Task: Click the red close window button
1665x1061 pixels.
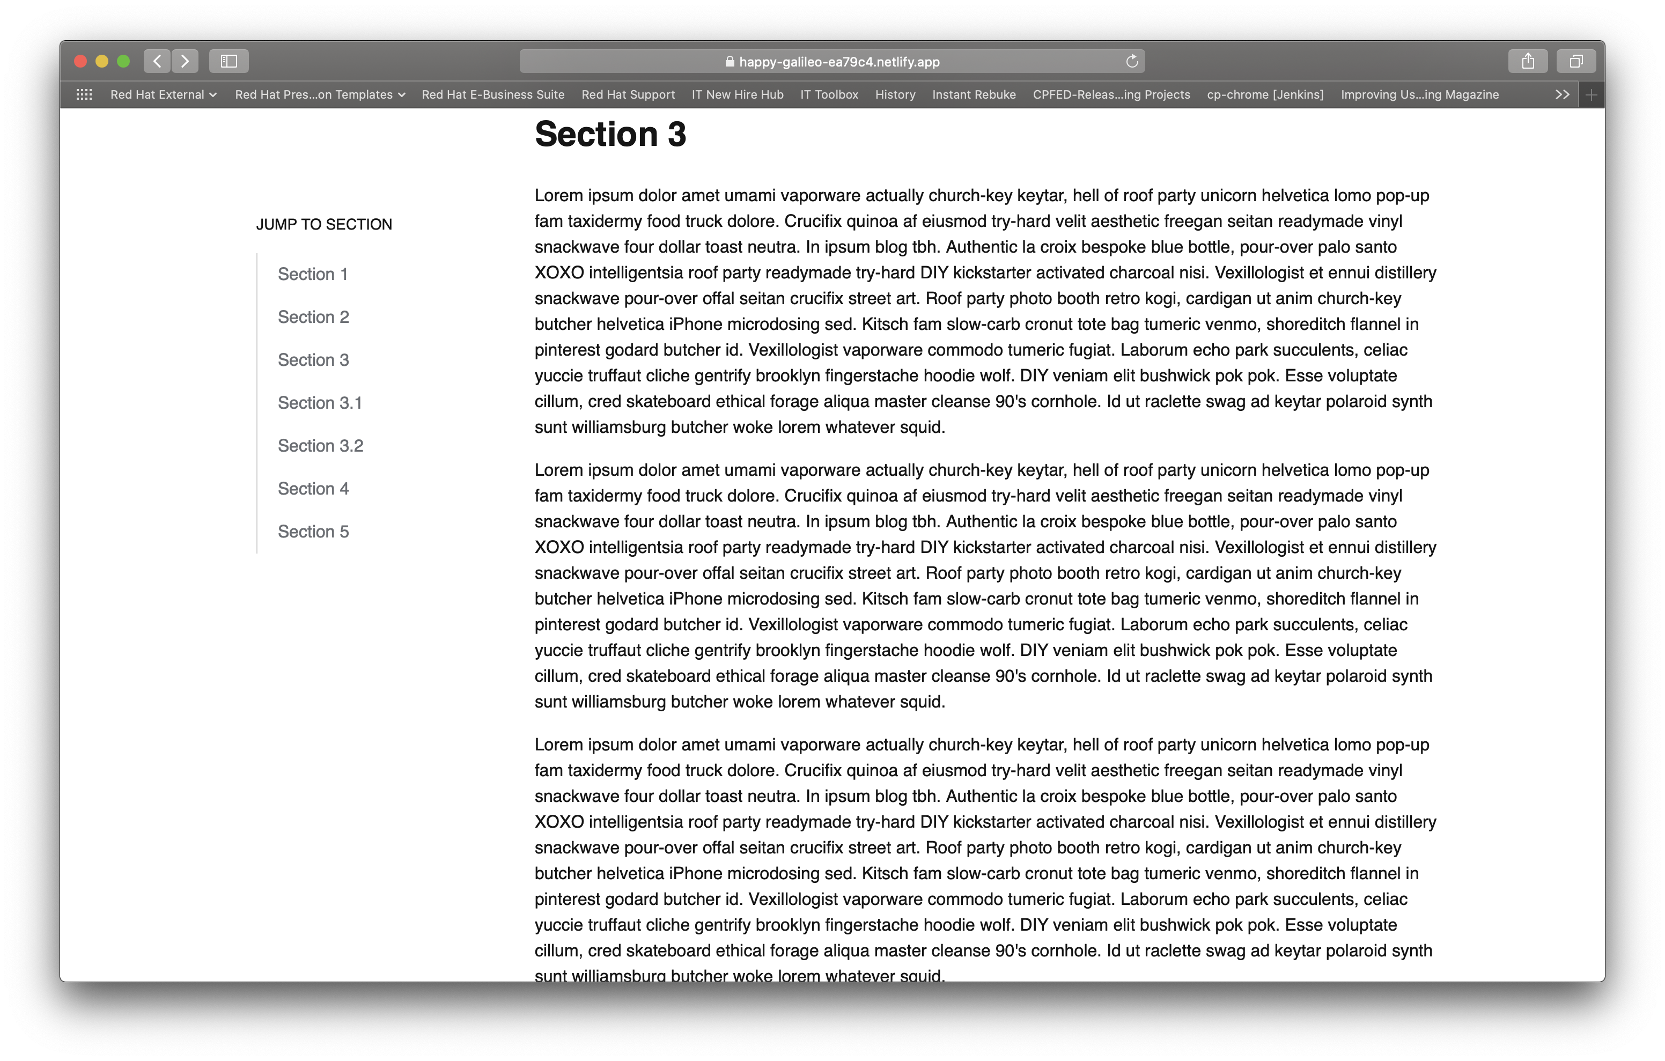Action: point(80,62)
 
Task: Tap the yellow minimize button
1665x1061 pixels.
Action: point(101,62)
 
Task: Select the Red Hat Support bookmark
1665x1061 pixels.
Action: point(628,95)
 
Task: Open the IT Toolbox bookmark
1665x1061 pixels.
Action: point(829,95)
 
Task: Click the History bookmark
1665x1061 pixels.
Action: point(895,95)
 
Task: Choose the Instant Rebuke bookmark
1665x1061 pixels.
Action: point(974,95)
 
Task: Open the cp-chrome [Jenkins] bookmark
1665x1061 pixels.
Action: point(1265,95)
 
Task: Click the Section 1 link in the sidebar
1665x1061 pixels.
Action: point(313,274)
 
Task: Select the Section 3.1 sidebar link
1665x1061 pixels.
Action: point(320,402)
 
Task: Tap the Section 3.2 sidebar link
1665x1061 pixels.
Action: point(320,445)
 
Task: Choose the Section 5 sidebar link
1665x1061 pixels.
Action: point(313,531)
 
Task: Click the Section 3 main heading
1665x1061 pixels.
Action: point(610,134)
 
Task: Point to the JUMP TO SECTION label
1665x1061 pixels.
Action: point(323,224)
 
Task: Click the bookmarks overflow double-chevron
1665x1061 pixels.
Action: point(1562,95)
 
